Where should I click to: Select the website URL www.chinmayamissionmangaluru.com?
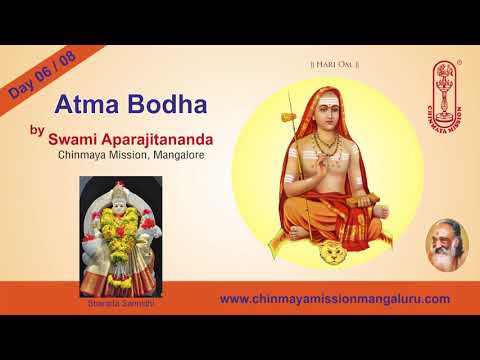[x=334, y=298]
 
